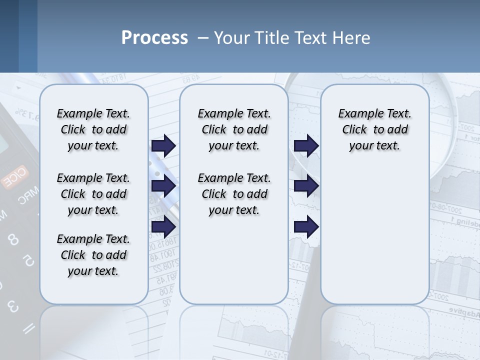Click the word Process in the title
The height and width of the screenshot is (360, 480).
(154, 38)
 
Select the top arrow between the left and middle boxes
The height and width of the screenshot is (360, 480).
(163, 145)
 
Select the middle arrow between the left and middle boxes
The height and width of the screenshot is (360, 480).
(163, 186)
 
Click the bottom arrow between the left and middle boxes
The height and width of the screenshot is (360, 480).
(163, 226)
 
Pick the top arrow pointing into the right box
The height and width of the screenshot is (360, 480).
(306, 145)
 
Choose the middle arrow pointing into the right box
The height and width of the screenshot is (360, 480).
(306, 186)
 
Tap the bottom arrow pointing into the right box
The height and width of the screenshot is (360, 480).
(306, 226)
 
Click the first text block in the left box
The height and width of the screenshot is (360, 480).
(93, 129)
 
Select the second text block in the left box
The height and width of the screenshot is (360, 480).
(93, 194)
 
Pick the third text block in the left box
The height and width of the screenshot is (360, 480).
(93, 255)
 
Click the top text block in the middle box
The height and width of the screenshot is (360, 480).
(234, 129)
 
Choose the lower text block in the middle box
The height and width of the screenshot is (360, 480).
(234, 194)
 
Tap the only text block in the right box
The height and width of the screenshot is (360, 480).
(374, 129)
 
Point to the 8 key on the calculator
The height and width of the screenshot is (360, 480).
(13, 240)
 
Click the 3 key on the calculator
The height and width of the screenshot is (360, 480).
(13, 306)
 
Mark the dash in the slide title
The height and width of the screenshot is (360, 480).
(203, 38)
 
